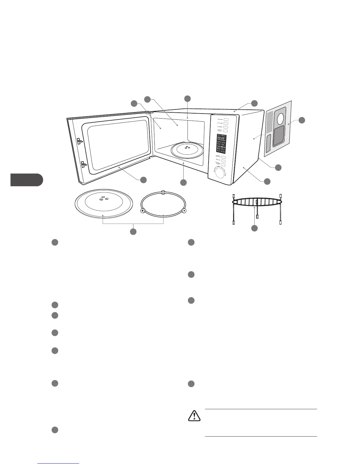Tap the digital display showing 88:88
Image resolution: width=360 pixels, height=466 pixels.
coord(221,138)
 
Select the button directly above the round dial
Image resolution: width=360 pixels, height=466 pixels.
coord(224,166)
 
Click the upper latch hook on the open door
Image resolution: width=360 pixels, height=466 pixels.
coord(80,141)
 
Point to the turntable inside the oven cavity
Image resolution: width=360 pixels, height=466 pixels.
coord(185,150)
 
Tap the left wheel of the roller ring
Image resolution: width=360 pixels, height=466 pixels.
coord(143,210)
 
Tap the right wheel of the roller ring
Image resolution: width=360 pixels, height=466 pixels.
coord(184,210)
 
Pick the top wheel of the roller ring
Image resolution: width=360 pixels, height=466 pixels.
coord(164,193)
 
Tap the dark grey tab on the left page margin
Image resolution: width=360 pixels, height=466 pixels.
coord(26,180)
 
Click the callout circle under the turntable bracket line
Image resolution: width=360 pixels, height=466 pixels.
coord(133,232)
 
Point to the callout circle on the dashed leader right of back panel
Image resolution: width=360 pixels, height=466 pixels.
coord(302,120)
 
